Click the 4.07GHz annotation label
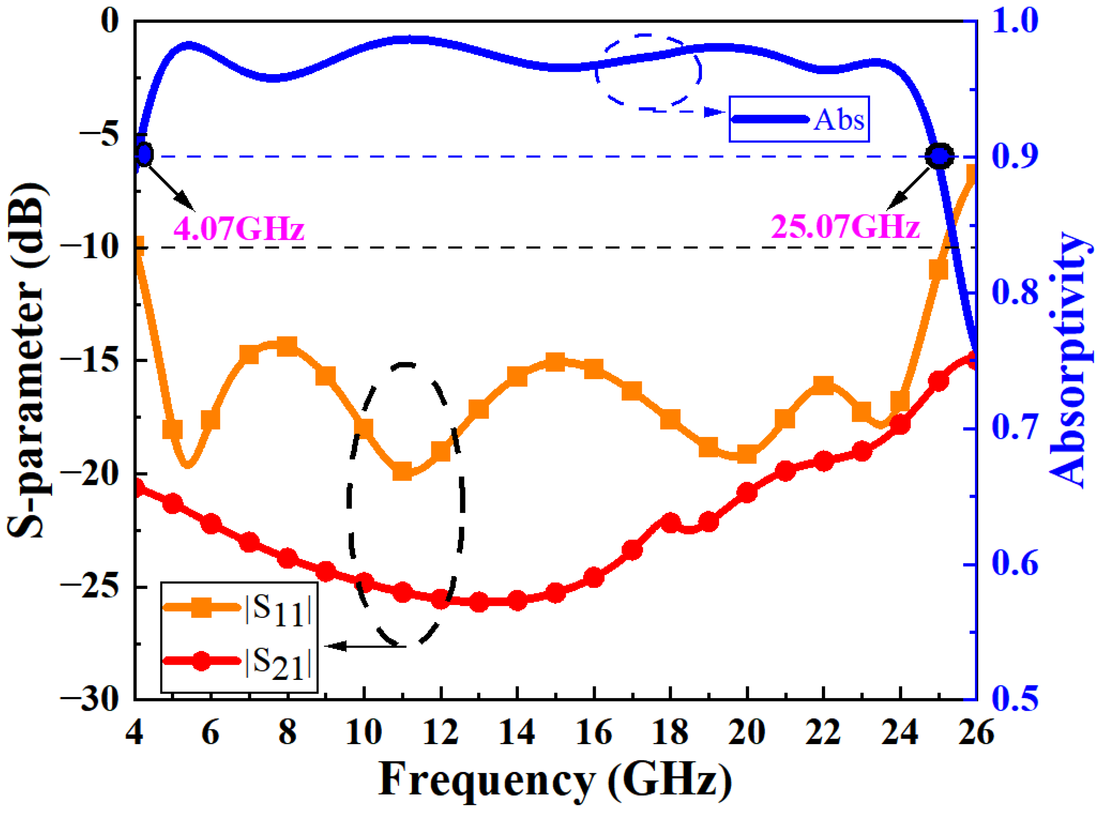(238, 229)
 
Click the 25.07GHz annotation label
(845, 227)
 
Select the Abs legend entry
(799, 119)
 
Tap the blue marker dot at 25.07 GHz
(939, 157)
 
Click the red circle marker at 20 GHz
(747, 492)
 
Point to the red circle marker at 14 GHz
(517, 601)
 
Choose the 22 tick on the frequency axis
(824, 733)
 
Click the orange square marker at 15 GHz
(556, 362)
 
